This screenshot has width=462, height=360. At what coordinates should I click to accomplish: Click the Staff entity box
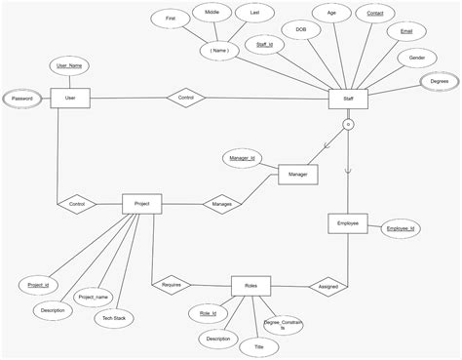tap(347, 99)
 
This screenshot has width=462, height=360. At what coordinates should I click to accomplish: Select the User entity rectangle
tap(69, 99)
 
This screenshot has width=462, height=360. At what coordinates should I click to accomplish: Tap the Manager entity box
tap(297, 175)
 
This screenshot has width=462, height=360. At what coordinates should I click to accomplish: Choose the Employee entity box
tap(347, 224)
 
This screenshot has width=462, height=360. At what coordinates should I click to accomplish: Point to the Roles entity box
tap(250, 286)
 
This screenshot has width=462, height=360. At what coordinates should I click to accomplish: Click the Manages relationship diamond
tap(221, 204)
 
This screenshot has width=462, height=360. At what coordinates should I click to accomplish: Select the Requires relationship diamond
tap(172, 286)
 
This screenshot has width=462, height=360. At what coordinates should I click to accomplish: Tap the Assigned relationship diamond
tap(325, 287)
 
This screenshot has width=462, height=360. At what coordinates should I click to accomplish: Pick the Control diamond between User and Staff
tap(186, 99)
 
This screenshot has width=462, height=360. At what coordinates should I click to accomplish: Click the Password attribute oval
tap(21, 99)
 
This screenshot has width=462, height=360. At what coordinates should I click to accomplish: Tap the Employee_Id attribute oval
tap(401, 228)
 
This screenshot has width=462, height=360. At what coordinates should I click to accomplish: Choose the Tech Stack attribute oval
tap(114, 318)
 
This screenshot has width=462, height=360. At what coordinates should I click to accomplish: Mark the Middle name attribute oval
tap(212, 14)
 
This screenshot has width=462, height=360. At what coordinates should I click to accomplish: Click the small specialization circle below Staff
tap(347, 126)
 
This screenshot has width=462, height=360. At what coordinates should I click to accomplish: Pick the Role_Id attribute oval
tap(207, 314)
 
